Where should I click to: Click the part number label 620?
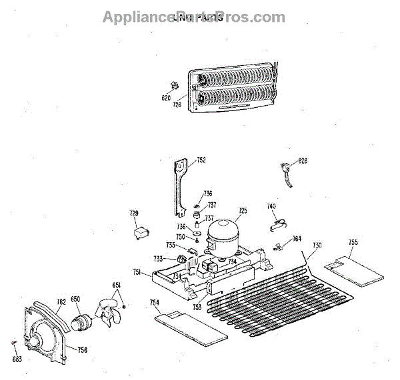(167, 98)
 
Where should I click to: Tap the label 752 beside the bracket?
(201, 160)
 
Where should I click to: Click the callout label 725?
(243, 211)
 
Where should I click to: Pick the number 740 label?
(271, 207)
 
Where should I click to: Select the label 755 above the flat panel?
(353, 242)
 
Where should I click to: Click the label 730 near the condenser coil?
(317, 246)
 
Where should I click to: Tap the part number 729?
(134, 213)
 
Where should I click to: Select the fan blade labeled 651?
(106, 314)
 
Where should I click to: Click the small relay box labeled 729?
(140, 233)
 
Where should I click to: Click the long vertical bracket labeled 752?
(179, 187)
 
